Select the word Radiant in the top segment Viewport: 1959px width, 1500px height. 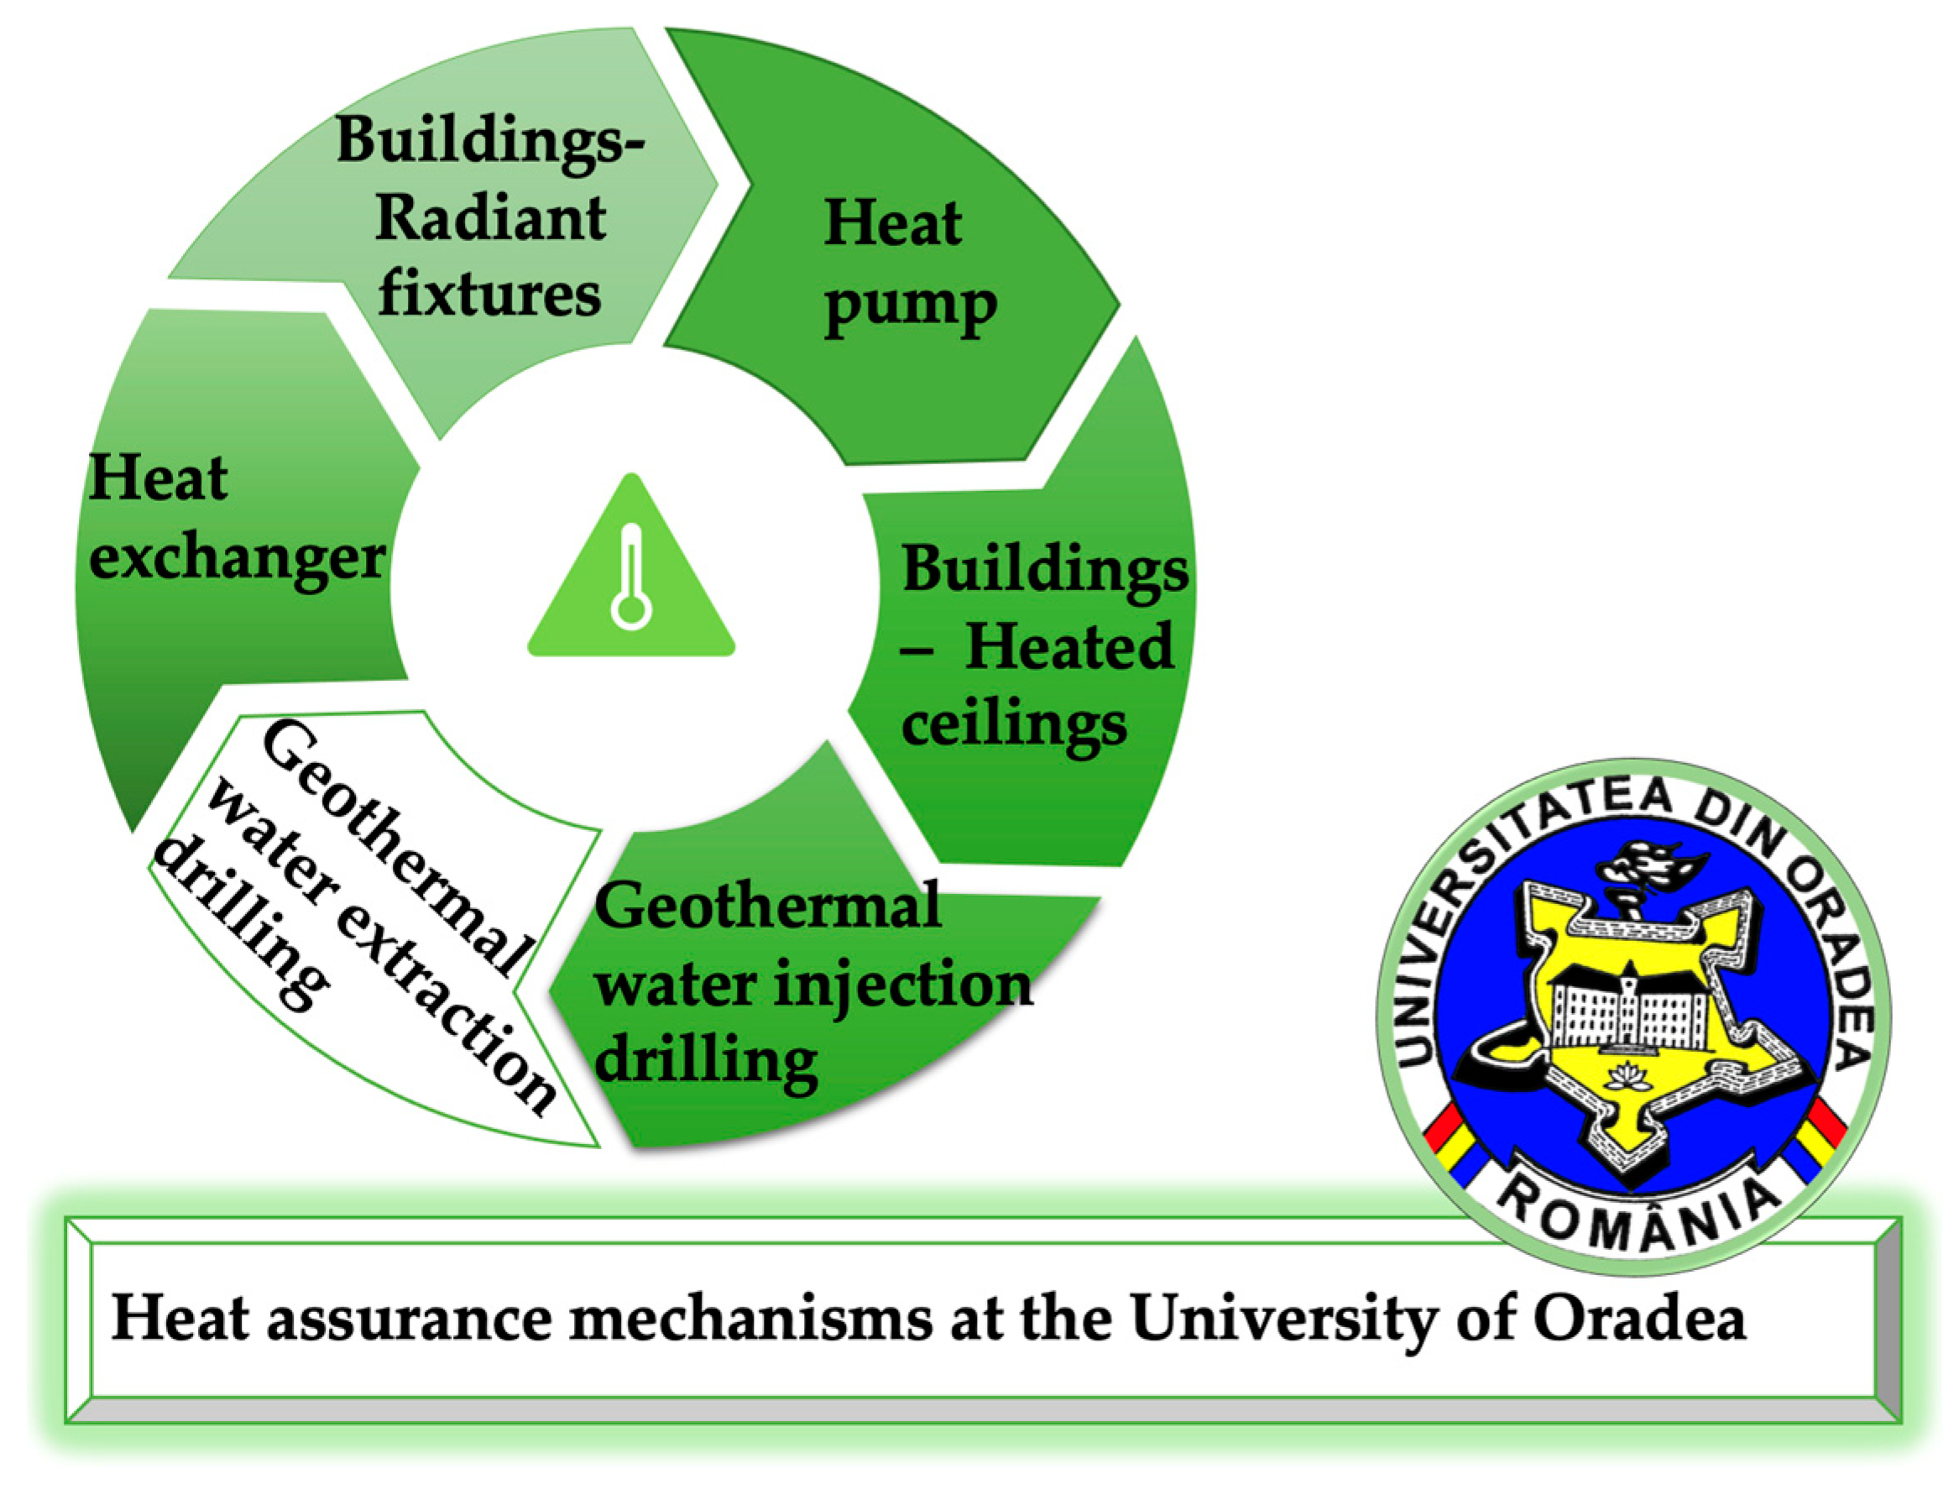(x=490, y=219)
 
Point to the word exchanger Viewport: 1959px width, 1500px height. (x=237, y=558)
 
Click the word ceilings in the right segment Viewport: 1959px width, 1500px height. (x=1013, y=724)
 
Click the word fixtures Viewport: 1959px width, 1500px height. (x=489, y=295)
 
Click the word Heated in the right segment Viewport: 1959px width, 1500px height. (x=1068, y=647)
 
